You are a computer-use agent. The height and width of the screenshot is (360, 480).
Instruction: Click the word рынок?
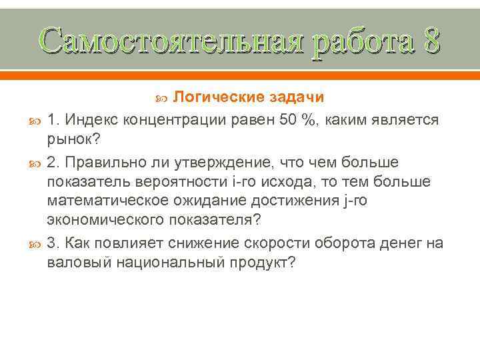(x=73, y=139)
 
